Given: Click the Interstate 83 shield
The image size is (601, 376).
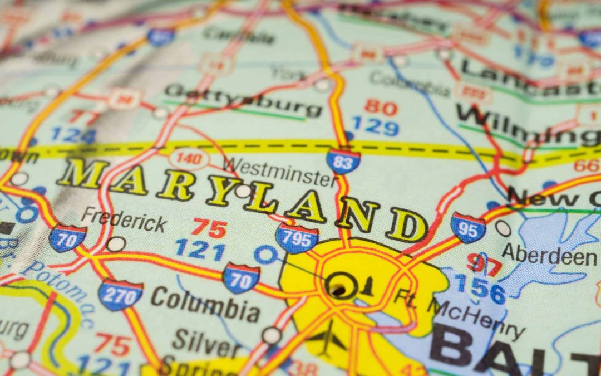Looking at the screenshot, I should tap(343, 161).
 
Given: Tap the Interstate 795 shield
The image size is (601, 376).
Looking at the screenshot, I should tap(297, 238).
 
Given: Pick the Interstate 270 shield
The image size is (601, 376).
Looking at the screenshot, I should tap(121, 294).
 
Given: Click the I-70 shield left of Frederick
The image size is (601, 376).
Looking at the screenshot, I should tap(67, 237).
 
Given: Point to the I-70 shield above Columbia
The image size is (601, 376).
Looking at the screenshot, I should tap(241, 278).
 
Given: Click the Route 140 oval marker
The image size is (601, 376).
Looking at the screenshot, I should tap(189, 159).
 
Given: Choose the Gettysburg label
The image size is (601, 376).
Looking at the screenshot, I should tap(244, 100).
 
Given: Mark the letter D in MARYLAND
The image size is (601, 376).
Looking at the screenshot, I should tap(408, 226).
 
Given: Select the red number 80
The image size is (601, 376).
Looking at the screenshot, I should tap(381, 107).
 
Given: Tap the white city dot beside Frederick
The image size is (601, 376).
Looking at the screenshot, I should tap(116, 244).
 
